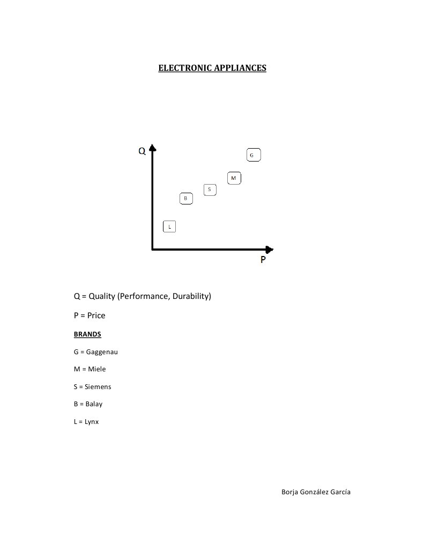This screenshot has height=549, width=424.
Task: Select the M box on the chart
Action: pyautogui.click(x=233, y=178)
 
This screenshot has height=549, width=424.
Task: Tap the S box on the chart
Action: pyautogui.click(x=209, y=189)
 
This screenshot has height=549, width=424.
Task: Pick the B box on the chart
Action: pyautogui.click(x=185, y=199)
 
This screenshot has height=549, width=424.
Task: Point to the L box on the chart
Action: pyautogui.click(x=169, y=226)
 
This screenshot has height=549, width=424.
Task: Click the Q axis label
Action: pyautogui.click(x=142, y=151)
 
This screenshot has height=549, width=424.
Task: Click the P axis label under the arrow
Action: pyautogui.click(x=263, y=260)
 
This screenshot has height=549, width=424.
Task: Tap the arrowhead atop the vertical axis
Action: pyautogui.click(x=153, y=148)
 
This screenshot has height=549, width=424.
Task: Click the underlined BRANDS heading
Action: pyautogui.click(x=87, y=334)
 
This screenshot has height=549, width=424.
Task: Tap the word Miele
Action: pyautogui.click(x=96, y=369)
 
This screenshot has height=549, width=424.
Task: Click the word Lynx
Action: pyautogui.click(x=92, y=422)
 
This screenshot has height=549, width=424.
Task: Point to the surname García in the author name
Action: pyautogui.click(x=339, y=492)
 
